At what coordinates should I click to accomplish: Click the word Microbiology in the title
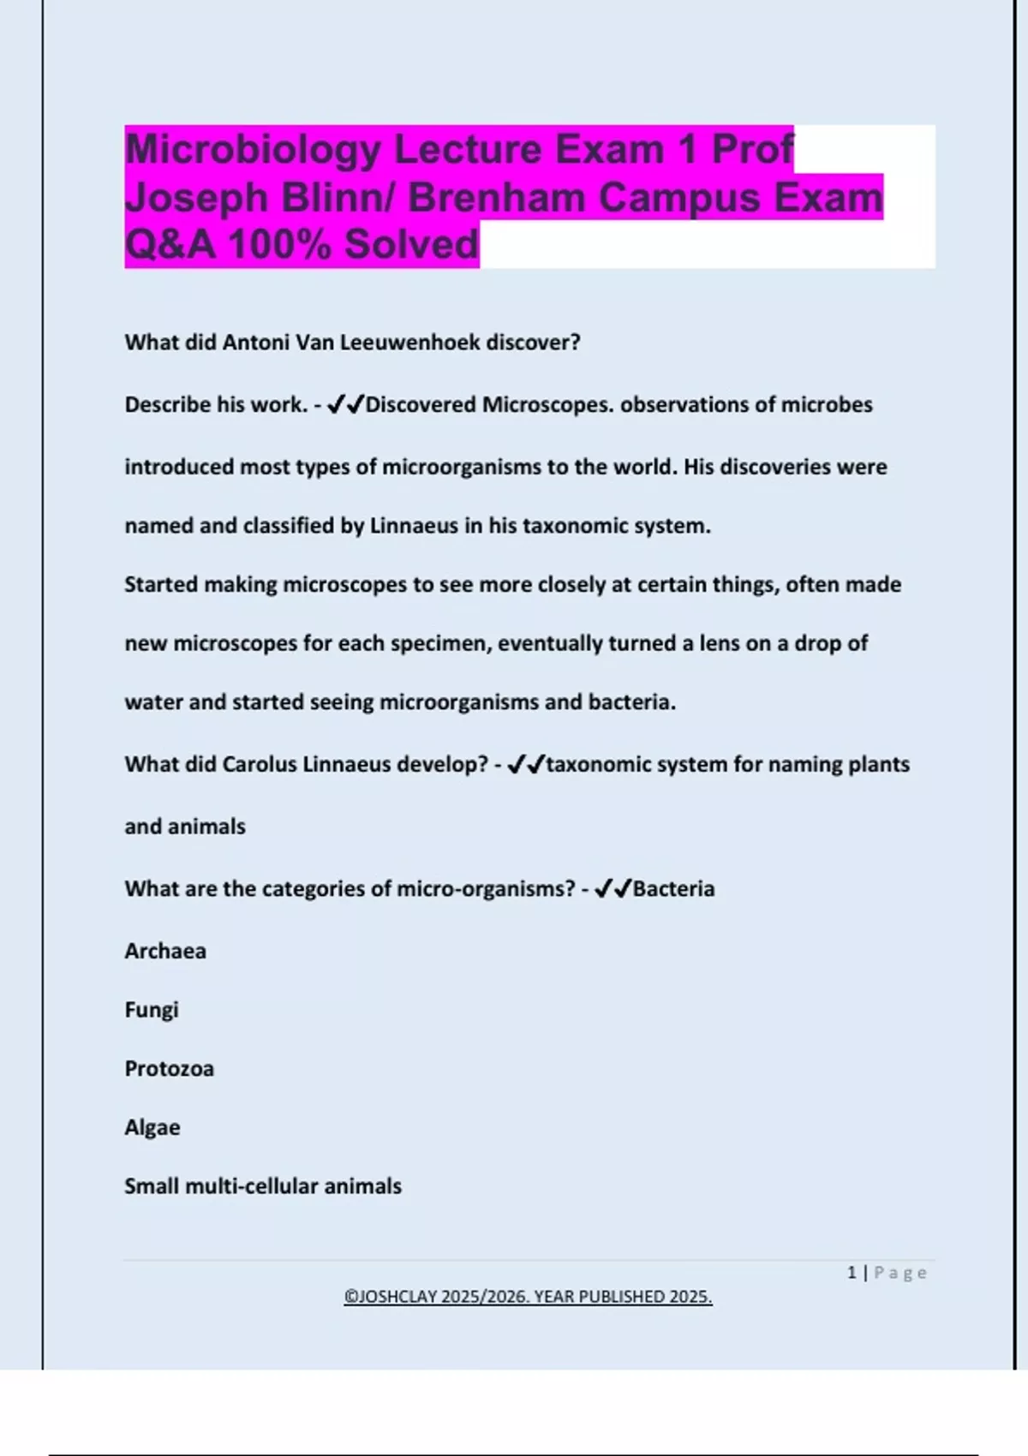click(x=253, y=149)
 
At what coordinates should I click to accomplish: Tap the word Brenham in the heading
click(x=497, y=197)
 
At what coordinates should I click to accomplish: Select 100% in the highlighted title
click(x=279, y=244)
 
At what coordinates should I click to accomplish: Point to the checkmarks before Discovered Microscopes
click(x=345, y=404)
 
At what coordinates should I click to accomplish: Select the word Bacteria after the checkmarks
click(x=673, y=889)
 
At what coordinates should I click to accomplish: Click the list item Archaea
click(x=165, y=951)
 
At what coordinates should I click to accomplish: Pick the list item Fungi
click(x=152, y=1010)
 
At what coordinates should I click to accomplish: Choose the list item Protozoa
click(x=169, y=1069)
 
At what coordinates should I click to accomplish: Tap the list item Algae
click(x=152, y=1127)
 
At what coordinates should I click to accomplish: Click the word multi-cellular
click(x=251, y=1186)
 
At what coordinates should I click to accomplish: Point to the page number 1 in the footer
click(x=852, y=1273)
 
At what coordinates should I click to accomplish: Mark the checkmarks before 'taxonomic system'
click(x=525, y=764)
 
